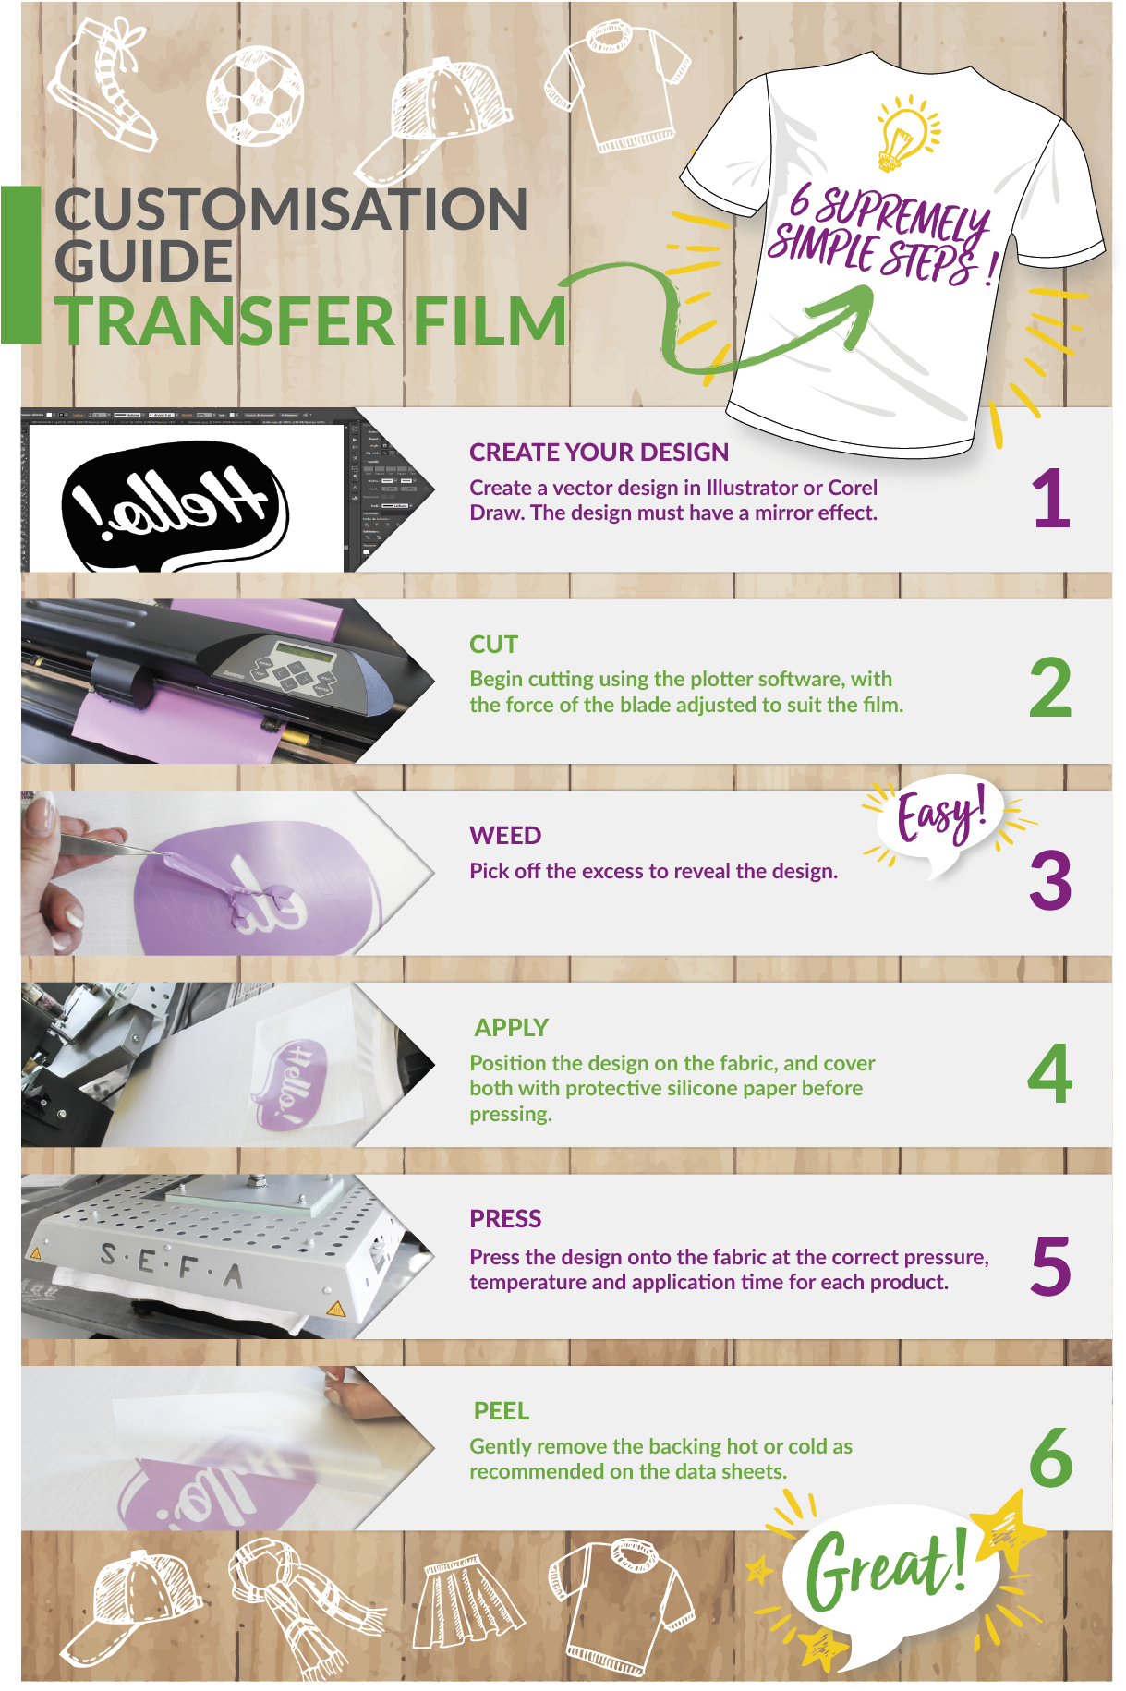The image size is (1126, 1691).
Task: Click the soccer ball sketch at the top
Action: [255, 96]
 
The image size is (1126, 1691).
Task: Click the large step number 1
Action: [1051, 498]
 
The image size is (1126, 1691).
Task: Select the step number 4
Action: [1050, 1073]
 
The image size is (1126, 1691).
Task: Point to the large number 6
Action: [1051, 1456]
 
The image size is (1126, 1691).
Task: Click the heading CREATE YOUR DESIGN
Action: [599, 453]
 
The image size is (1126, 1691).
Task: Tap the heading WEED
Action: [505, 836]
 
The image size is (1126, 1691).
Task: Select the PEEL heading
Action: [502, 1411]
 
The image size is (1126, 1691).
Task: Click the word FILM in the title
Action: [490, 320]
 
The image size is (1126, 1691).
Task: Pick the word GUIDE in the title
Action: [143, 260]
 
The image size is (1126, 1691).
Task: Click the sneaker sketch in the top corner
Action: [104, 85]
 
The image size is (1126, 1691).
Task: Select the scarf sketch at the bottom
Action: [305, 1607]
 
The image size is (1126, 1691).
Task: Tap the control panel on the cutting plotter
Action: [290, 667]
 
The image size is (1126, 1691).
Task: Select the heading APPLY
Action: [511, 1027]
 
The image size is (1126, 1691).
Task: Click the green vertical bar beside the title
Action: [20, 265]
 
